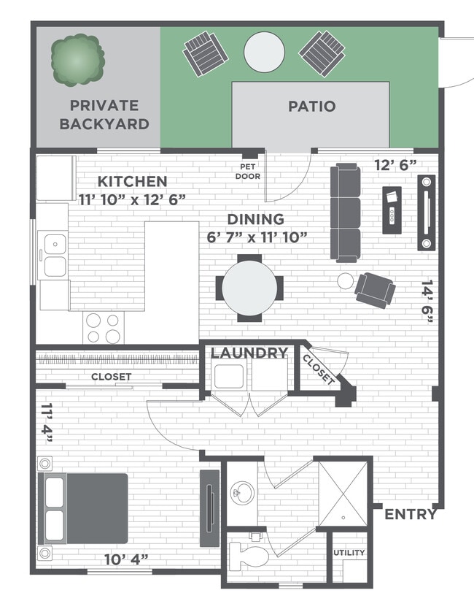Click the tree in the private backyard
(75, 61)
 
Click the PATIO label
(311, 106)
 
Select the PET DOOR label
(248, 171)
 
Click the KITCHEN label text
(133, 181)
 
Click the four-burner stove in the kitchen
(103, 327)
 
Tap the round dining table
(249, 287)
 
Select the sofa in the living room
(345, 212)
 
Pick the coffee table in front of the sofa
(392, 210)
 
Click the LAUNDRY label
(249, 353)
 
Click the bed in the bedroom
(82, 508)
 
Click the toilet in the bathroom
(248, 556)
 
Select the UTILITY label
(349, 553)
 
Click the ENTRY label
(411, 514)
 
